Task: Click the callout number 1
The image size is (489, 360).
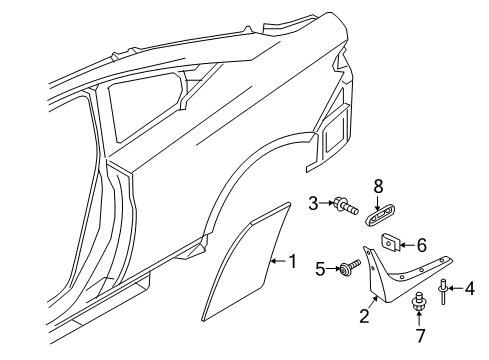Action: point(293,261)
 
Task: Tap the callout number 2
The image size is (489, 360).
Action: point(365,316)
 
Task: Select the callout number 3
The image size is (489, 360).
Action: point(313,203)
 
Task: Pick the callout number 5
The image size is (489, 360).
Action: point(321,269)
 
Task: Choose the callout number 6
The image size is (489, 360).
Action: point(421,245)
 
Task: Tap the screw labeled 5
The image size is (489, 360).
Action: point(349,268)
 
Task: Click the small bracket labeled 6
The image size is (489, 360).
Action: point(391,243)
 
